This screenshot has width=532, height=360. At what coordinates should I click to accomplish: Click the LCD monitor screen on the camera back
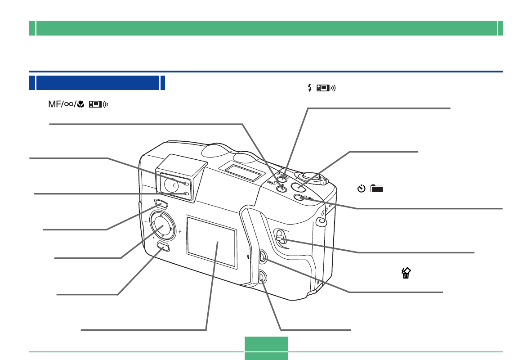coord(211,242)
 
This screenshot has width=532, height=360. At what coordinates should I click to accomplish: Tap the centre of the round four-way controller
coord(162,221)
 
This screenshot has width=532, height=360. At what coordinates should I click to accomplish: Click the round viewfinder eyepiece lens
coord(171,183)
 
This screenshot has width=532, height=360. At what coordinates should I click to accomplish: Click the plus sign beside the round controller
coord(179,232)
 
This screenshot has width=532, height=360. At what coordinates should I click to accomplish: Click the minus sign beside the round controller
coord(146,222)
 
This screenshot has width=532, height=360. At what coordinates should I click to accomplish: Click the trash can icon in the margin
coord(406,273)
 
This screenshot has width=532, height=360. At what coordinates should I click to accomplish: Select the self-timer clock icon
coord(361,189)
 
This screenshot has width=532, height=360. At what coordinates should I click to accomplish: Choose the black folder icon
coord(376,189)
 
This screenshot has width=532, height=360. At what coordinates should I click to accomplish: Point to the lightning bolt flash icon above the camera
coord(309,88)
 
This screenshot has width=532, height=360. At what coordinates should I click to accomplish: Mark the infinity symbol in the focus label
coord(67,104)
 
